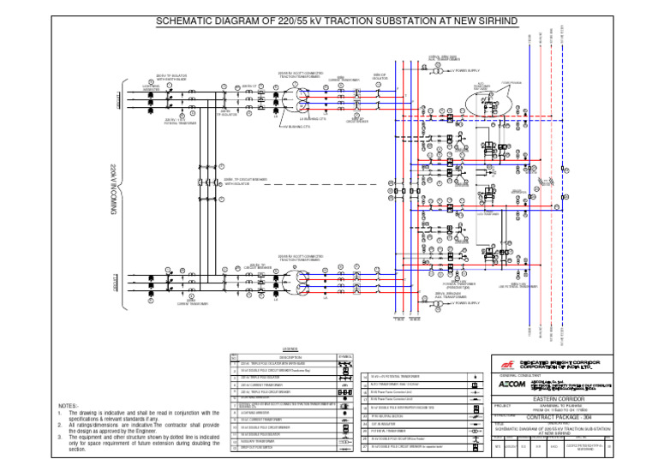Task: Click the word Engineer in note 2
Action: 203,430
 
